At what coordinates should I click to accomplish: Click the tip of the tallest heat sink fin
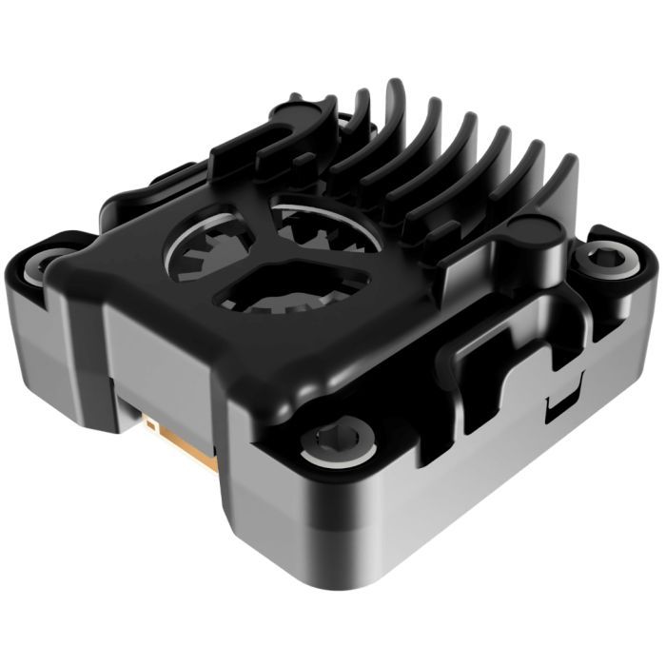(393, 90)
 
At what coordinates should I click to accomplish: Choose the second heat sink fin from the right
(528, 166)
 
